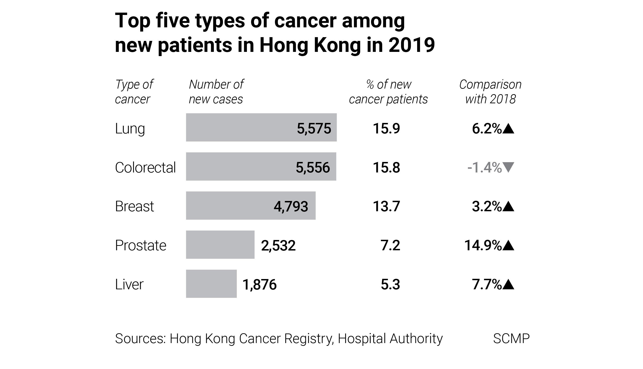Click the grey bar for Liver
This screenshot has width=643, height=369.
tap(211, 284)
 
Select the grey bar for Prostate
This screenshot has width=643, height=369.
tap(220, 245)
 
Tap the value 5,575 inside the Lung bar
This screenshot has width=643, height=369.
tap(314, 128)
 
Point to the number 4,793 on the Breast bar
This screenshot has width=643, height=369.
tap(291, 206)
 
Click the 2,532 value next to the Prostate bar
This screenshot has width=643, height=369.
tap(278, 245)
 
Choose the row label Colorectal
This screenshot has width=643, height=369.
tap(145, 168)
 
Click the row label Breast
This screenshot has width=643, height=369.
tap(134, 206)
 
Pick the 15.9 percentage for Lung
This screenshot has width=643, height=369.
tap(386, 128)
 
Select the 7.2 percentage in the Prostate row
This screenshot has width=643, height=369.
tap(390, 245)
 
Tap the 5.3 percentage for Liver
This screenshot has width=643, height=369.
tap(390, 284)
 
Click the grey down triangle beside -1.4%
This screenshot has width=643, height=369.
tap(508, 167)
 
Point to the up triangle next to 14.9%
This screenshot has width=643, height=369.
tap(508, 245)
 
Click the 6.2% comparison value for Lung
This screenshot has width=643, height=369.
tap(487, 129)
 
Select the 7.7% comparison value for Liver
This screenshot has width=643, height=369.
tap(487, 284)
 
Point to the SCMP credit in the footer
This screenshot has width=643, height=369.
tap(511, 338)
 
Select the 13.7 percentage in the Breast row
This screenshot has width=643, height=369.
tap(386, 206)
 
